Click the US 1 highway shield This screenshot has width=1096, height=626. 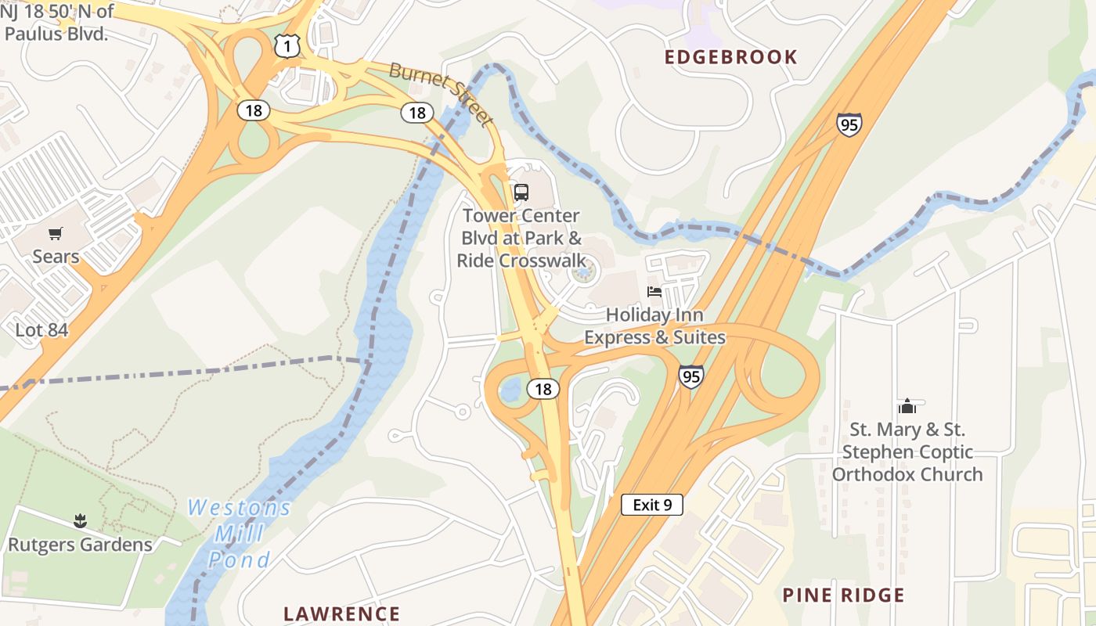(x=287, y=47)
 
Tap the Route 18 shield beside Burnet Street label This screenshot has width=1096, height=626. (x=417, y=113)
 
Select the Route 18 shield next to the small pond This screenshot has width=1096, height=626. (x=543, y=388)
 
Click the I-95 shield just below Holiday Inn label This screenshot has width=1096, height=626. (x=690, y=376)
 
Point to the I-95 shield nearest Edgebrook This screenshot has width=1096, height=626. (x=849, y=124)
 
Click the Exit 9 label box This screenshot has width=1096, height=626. (x=652, y=505)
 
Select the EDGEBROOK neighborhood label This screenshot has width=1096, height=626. (x=731, y=57)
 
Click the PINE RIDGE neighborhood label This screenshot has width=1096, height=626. (x=843, y=595)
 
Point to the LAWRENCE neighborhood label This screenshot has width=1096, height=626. (x=342, y=613)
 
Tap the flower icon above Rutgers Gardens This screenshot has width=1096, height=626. (x=80, y=520)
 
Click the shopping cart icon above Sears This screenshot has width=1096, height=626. (x=55, y=233)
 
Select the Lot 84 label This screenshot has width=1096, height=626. (x=42, y=330)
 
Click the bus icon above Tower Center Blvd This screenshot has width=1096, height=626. (x=521, y=192)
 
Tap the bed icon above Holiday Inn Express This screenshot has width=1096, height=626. (x=654, y=292)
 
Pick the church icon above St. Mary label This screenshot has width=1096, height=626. (x=907, y=406)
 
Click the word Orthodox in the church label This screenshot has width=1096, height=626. (x=869, y=474)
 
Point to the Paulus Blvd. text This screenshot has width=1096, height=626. (x=56, y=34)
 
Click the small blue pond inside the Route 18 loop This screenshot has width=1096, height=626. (x=510, y=389)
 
